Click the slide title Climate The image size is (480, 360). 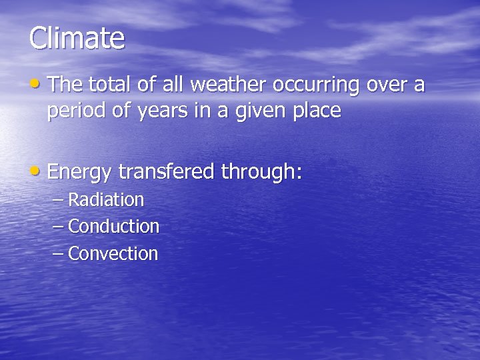pos(77,38)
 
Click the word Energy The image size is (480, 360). pos(80,173)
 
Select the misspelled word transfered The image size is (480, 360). pos(166,172)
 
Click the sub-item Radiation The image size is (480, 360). pos(106,200)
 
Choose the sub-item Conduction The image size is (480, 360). pos(114,227)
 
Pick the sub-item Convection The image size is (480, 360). pos(113,254)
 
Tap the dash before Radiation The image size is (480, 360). pos(58,200)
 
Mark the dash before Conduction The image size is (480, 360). pos(58,227)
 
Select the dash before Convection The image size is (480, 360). pos(58,254)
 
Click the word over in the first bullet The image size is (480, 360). pos(387,85)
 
